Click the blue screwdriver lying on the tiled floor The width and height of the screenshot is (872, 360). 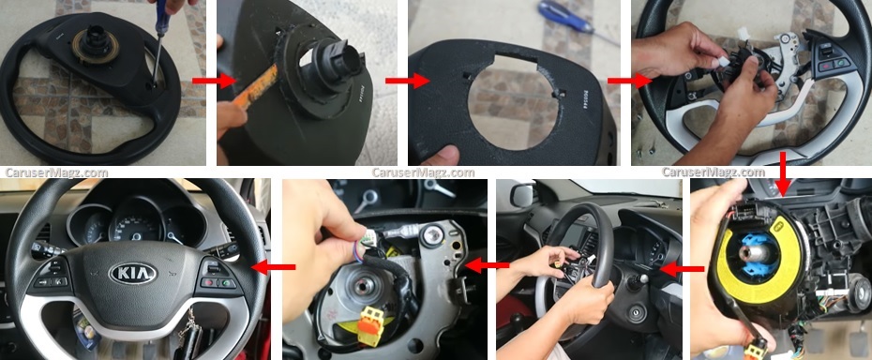coord(566,20)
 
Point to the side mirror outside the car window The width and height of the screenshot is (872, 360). coord(523,196)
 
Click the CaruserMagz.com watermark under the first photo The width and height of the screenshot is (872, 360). coord(56,172)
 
